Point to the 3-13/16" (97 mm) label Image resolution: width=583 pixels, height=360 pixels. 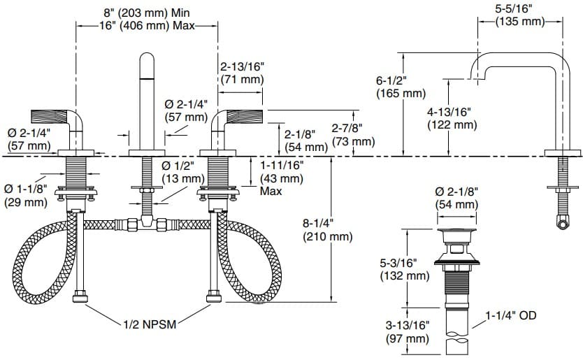click(x=405, y=332)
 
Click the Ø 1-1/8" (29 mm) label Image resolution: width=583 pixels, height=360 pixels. click(x=26, y=196)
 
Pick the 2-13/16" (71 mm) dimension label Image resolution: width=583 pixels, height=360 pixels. click(x=242, y=73)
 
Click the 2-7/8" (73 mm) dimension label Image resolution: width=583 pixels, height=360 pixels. click(x=352, y=135)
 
